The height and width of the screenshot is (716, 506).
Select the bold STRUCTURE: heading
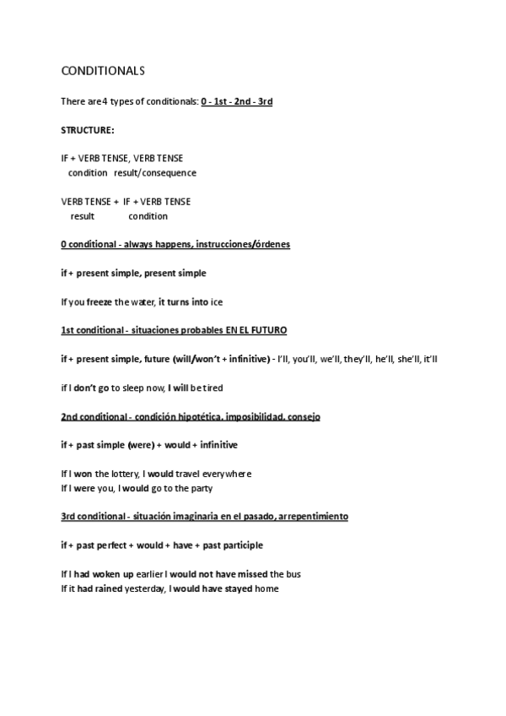tap(88, 129)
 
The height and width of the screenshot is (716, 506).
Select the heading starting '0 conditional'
tap(175, 244)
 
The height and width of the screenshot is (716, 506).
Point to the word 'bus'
tap(293, 574)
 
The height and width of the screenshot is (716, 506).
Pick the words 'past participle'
tap(232, 545)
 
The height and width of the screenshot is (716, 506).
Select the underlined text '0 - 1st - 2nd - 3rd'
tap(237, 101)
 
